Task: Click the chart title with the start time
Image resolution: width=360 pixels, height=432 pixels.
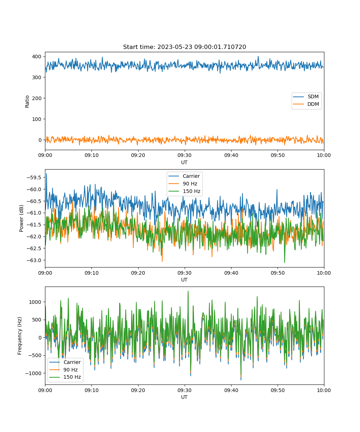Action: (x=184, y=47)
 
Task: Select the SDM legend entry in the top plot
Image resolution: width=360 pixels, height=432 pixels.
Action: (x=306, y=96)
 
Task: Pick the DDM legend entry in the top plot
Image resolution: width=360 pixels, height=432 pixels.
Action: (x=306, y=104)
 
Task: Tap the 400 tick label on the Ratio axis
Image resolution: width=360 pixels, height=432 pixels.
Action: (x=37, y=57)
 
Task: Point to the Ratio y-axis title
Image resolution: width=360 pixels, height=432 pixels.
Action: (x=27, y=102)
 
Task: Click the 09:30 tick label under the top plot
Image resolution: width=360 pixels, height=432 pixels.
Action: (x=184, y=155)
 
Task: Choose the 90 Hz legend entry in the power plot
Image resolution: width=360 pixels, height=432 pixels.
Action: (x=183, y=184)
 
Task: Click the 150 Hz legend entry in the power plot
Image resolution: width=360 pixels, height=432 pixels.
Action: (x=184, y=191)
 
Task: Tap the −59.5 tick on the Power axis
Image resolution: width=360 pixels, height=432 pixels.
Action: (x=34, y=177)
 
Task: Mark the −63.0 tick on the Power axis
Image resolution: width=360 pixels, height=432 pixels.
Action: (x=34, y=260)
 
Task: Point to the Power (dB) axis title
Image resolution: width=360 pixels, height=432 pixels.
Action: (x=21, y=218)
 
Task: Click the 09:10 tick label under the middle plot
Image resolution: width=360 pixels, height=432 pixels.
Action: (x=91, y=273)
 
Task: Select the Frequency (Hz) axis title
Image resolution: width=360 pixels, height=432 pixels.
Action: (x=20, y=336)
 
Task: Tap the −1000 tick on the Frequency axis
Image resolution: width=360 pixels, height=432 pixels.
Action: (x=33, y=373)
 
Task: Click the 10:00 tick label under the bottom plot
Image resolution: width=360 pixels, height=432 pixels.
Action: (x=324, y=390)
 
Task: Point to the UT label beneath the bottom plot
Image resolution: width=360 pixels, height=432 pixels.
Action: (x=184, y=397)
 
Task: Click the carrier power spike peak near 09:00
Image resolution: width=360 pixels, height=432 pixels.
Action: (x=46, y=174)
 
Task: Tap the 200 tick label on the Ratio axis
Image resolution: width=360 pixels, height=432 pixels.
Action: (x=37, y=98)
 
